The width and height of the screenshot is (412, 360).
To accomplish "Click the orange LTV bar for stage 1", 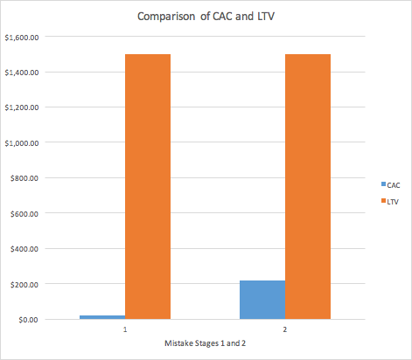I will pos(148,186).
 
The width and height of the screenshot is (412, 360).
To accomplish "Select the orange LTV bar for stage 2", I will pos(308,186).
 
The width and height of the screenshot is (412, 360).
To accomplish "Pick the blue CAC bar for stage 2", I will pos(262,300).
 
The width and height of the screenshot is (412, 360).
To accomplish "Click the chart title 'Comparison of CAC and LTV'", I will pos(206,17).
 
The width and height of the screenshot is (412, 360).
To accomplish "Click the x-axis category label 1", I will pos(125,331).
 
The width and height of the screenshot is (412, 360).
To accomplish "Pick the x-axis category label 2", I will pos(285,331).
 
